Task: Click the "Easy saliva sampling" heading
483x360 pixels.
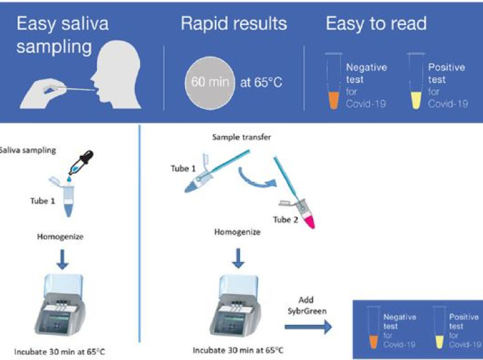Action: pos(62,35)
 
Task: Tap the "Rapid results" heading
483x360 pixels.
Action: pos(234,24)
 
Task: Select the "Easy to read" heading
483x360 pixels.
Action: pos(376,24)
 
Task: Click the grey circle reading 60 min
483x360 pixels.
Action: pos(210,83)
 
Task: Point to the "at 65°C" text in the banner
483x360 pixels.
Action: pos(261,82)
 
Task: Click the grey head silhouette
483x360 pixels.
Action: pos(117,75)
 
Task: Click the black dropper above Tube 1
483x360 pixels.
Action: pos(81,162)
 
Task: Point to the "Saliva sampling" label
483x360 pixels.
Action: pos(28,150)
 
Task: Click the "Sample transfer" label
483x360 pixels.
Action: pos(241,137)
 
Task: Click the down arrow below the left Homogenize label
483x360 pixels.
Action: pos(62,259)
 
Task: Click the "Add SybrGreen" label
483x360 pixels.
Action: pos(307,305)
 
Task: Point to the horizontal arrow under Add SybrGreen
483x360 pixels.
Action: pos(309,327)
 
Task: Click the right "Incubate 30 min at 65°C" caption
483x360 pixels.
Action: pos(238,350)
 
